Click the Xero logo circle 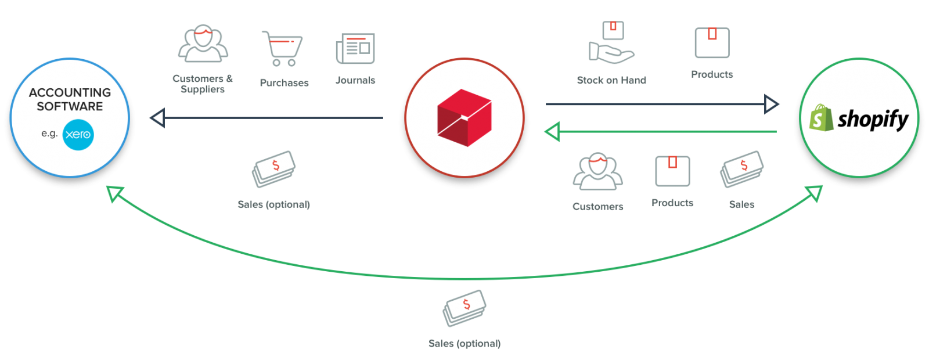(x=78, y=134)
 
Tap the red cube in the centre (x=464, y=118)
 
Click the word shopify (x=873, y=120)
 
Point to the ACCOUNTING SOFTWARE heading (x=70, y=99)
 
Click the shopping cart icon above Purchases (x=282, y=48)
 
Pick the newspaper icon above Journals (x=355, y=49)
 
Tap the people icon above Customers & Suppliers (x=203, y=44)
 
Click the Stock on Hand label (x=611, y=80)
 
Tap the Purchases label (x=284, y=83)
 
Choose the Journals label (x=355, y=80)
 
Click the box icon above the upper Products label (x=712, y=43)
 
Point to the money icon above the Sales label (x=741, y=169)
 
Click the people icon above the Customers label (x=597, y=172)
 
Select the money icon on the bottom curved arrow (x=464, y=308)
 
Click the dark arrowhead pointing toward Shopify (x=772, y=105)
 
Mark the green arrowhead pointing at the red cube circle (x=552, y=132)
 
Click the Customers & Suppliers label (x=203, y=84)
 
